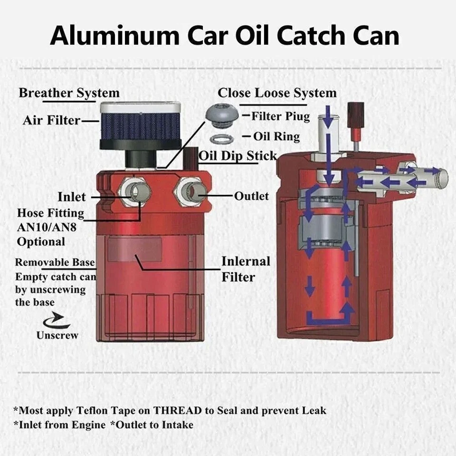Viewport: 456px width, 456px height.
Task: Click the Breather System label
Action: point(69,93)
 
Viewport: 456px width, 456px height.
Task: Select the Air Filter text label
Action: point(51,120)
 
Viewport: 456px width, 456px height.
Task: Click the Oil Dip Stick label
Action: point(237,155)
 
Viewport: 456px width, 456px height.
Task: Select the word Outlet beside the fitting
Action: point(251,196)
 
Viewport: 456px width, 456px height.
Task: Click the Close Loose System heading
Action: point(277,93)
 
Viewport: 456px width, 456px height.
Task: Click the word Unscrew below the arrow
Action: point(57,335)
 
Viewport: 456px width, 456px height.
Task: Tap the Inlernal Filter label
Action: point(245,269)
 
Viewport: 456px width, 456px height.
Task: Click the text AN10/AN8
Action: point(47,227)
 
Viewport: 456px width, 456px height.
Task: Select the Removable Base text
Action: point(55,262)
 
